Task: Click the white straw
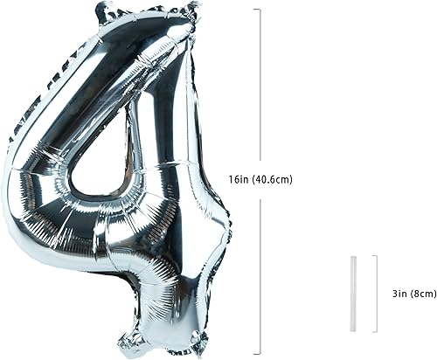coord(355,293)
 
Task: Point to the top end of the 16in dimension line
coord(258,10)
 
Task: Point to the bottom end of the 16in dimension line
coord(258,354)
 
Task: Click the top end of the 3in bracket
coord(375,255)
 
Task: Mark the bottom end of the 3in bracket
coord(375,331)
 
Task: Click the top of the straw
coord(355,257)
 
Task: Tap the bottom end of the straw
coord(355,329)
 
